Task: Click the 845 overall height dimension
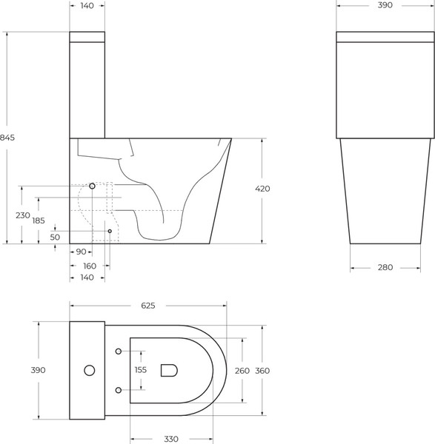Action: (8, 138)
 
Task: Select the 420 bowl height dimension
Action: (262, 189)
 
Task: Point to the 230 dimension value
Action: (22, 215)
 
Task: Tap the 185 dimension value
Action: (39, 221)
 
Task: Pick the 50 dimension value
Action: (55, 237)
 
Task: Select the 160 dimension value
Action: (90, 265)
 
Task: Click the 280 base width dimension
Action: (385, 267)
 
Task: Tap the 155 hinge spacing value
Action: (141, 370)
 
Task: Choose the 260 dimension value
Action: (242, 370)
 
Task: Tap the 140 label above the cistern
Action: (87, 5)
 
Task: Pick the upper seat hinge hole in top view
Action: (119, 351)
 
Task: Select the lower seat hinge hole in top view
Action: (119, 389)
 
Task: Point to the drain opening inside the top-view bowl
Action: (169, 369)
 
